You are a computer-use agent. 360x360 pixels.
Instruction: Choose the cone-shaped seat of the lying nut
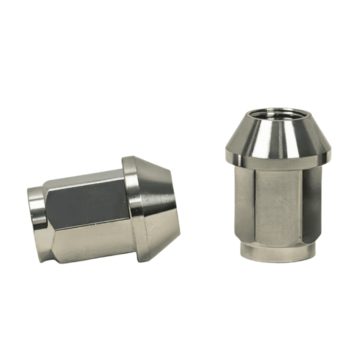click(x=159, y=209)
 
